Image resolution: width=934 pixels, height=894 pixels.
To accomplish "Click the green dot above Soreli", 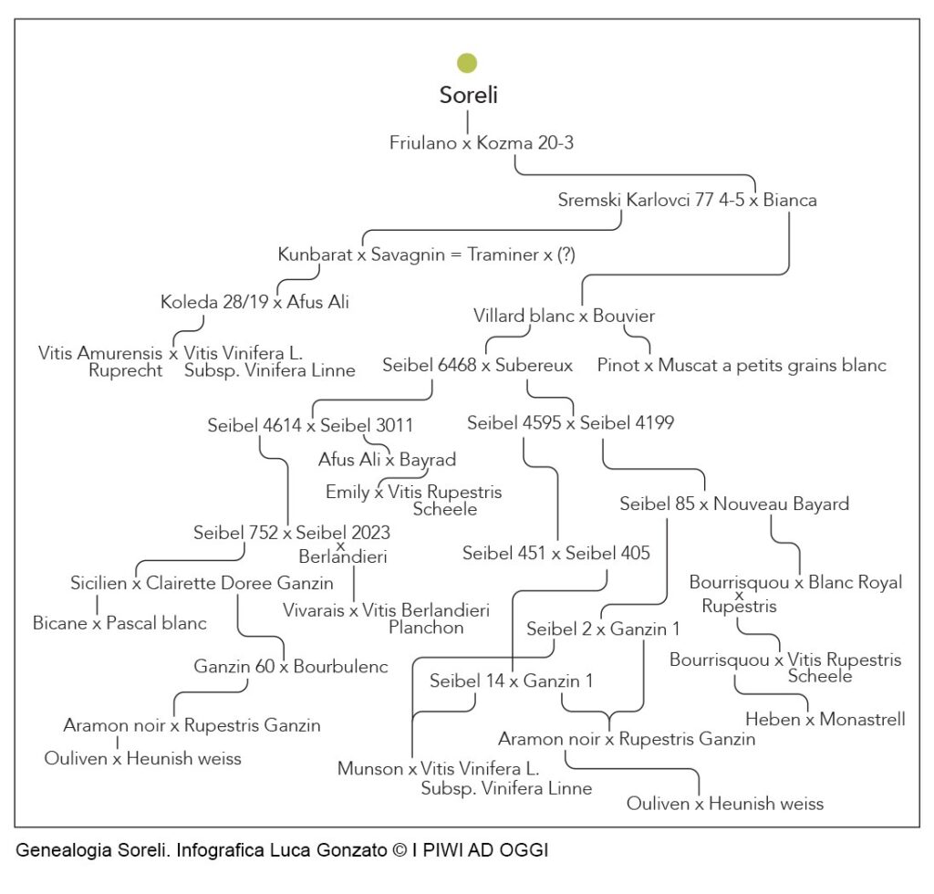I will tap(467, 63).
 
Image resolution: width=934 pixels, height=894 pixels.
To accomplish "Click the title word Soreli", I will tap(468, 95).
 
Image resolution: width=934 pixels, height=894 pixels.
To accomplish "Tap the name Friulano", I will tap(422, 143).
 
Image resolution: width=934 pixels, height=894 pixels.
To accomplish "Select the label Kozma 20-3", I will tap(524, 143).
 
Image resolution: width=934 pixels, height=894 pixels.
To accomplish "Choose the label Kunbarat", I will tap(315, 255).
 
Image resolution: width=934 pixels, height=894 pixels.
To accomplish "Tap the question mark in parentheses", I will tap(566, 255).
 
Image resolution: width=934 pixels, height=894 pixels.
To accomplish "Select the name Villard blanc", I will tap(524, 316).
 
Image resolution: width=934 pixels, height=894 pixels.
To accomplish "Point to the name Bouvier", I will tap(624, 316).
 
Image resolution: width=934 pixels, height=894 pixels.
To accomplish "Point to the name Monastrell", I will tap(862, 720).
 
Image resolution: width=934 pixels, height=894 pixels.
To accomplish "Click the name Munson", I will tap(369, 769).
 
